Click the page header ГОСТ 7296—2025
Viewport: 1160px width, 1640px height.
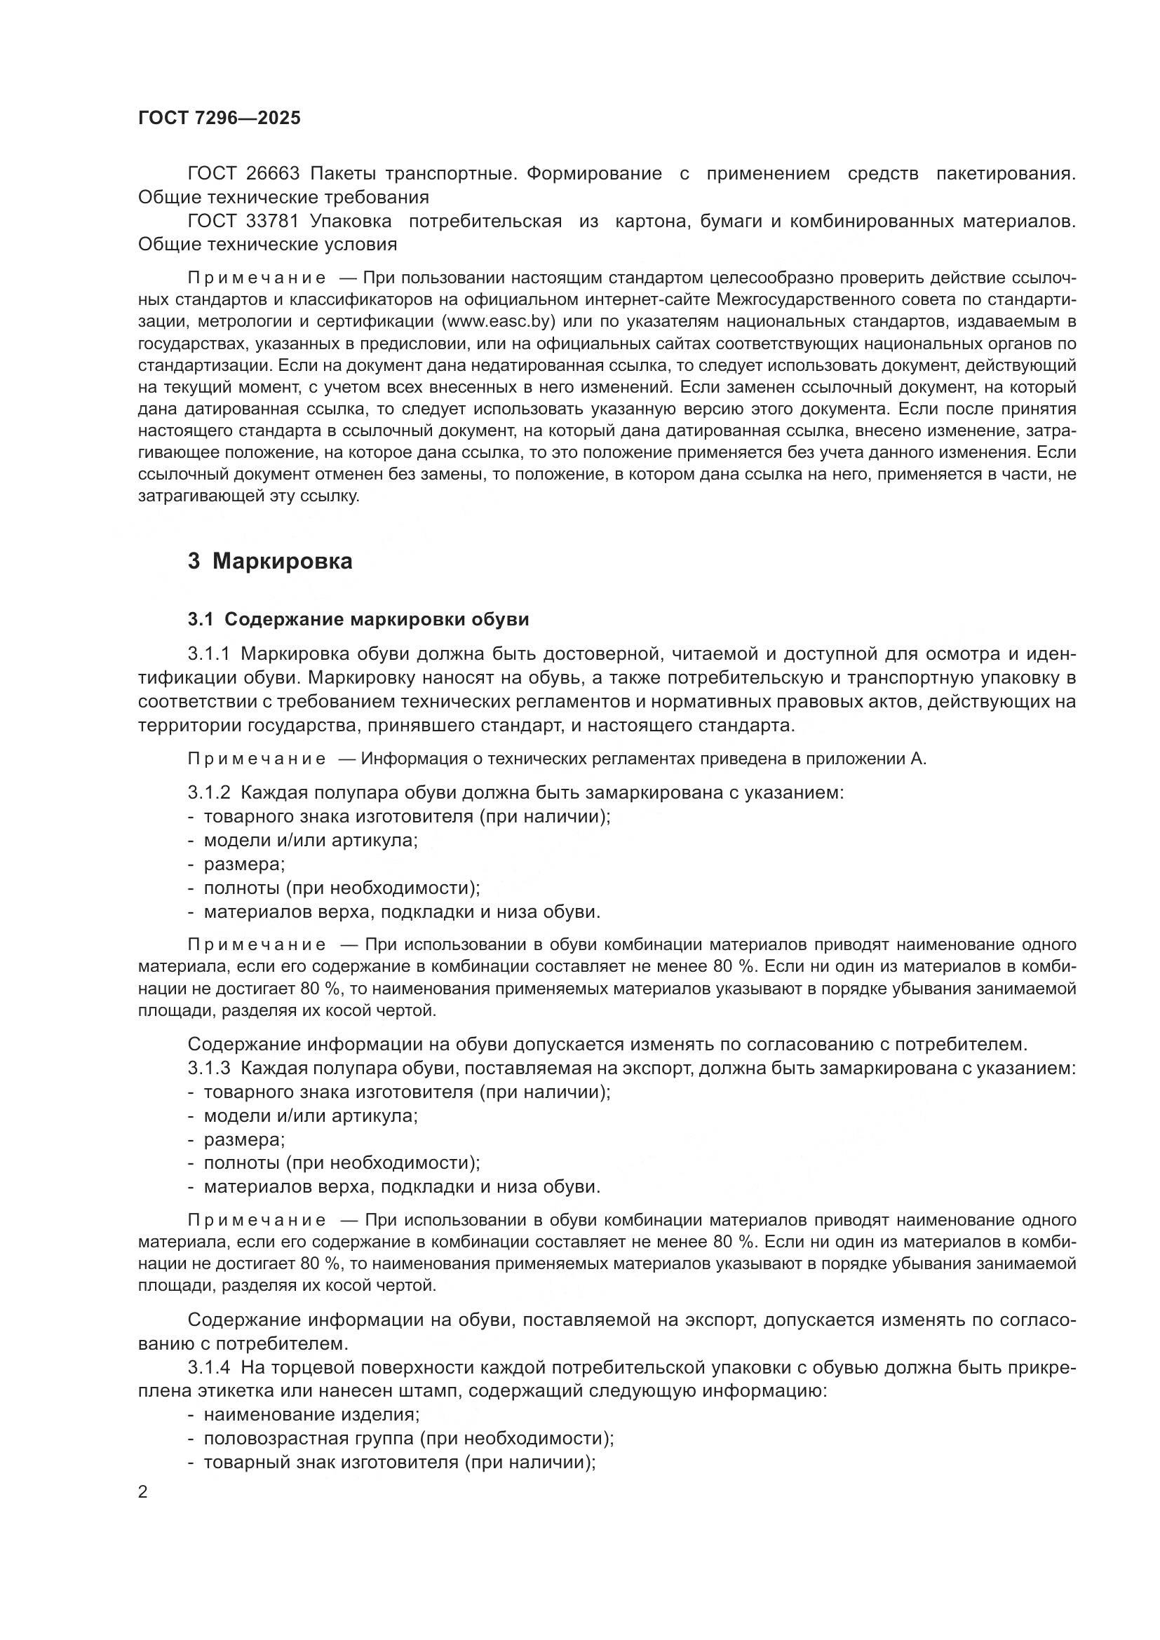[x=220, y=118]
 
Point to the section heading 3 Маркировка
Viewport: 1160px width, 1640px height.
[x=270, y=562]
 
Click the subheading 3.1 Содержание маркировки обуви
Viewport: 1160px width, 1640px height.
[x=358, y=619]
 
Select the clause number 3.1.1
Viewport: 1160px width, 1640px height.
[x=209, y=653]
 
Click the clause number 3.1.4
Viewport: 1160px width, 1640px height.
[x=209, y=1367]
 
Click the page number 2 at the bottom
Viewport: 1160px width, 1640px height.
[x=143, y=1493]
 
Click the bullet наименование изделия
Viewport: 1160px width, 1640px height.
[x=311, y=1415]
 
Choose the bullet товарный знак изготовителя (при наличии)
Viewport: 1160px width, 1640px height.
[x=400, y=1462]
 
